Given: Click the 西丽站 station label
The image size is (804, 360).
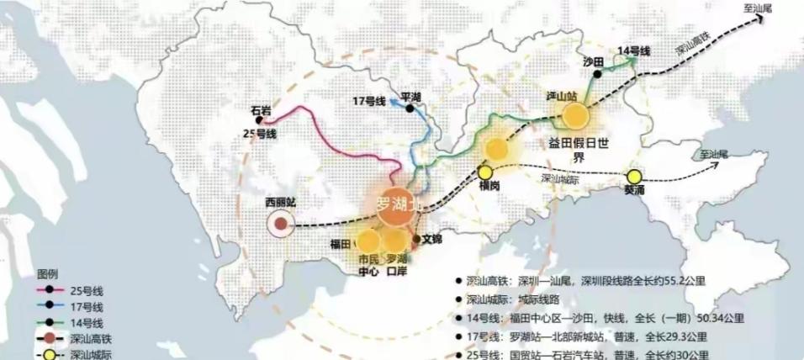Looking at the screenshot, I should pos(281,203).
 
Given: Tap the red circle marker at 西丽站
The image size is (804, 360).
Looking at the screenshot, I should pos(280,224).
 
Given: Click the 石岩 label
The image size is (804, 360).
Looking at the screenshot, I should pos(262,110).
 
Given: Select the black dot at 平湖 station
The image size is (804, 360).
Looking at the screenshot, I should pos(410,109).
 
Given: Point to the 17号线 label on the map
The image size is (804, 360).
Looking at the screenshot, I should pos(368,102).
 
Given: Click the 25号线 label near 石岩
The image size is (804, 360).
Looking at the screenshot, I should pos(260,134).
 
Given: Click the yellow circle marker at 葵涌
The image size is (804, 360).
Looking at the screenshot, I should pos(635,177).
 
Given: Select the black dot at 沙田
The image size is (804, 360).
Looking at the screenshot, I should pos(595,75).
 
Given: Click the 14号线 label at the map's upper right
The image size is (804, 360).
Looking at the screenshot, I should pos(634,51).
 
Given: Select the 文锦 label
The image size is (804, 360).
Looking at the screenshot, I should pos(431,239).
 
